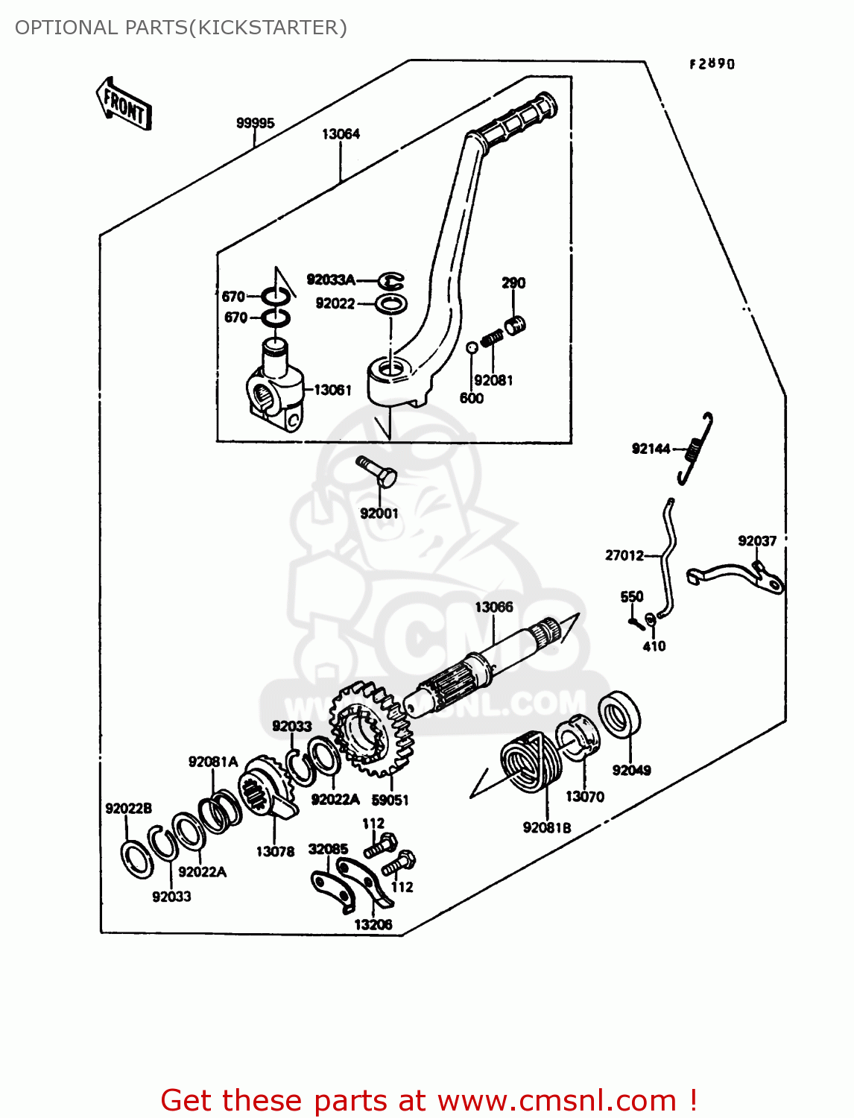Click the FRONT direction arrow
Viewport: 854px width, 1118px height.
click(124, 104)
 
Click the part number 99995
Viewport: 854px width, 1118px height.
click(255, 123)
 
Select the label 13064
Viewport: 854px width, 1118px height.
click(341, 134)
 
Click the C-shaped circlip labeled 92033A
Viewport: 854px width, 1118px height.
click(390, 281)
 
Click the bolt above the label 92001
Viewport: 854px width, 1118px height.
click(378, 472)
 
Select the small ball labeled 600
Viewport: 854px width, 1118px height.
click(471, 347)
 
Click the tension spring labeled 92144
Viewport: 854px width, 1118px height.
click(696, 448)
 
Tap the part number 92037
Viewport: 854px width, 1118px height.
click(757, 541)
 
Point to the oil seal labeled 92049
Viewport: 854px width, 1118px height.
click(619, 715)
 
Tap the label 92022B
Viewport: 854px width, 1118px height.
click(128, 809)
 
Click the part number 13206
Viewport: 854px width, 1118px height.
click(373, 925)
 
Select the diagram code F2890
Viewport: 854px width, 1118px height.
click(712, 64)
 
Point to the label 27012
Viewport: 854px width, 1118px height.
click(624, 555)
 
